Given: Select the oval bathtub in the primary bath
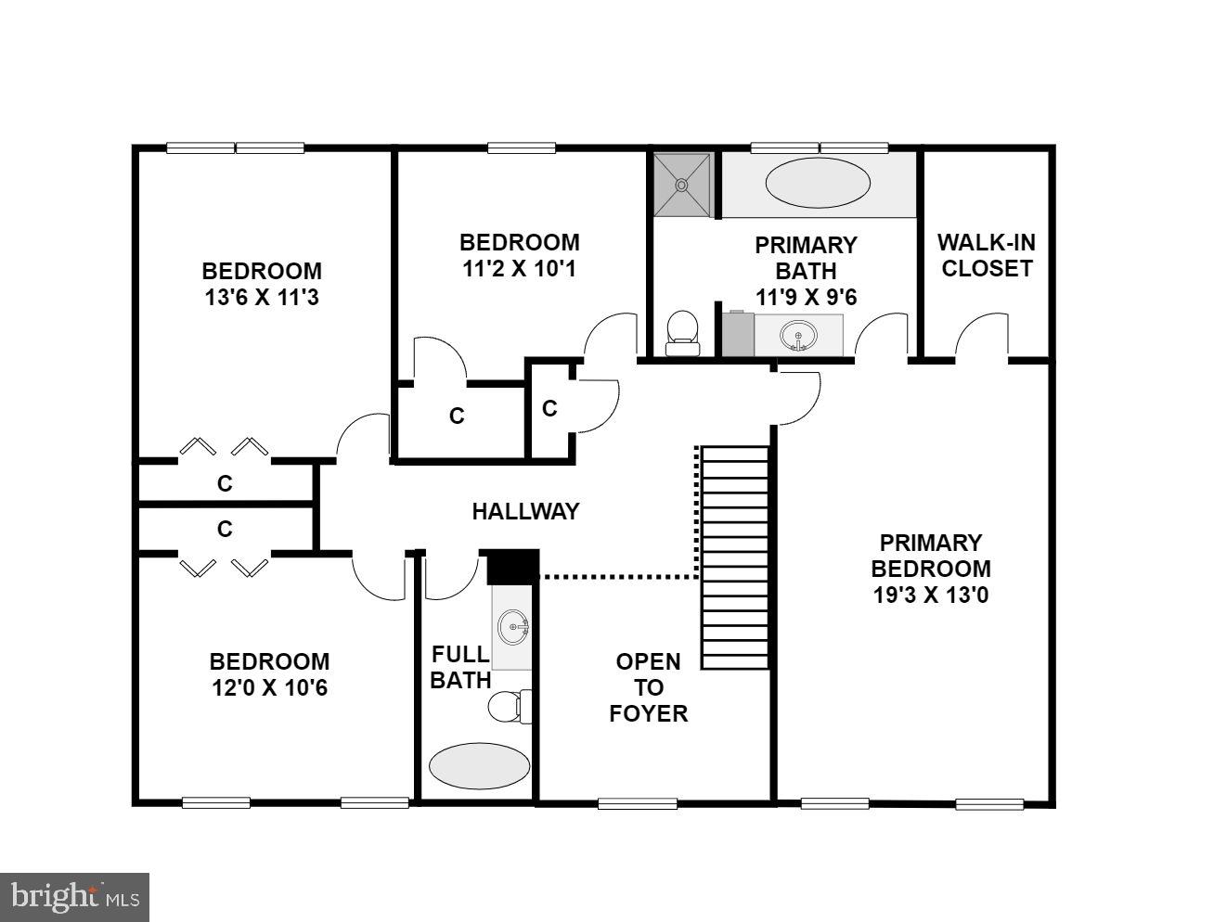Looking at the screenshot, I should pyautogui.click(x=818, y=184).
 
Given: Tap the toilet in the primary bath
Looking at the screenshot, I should pyautogui.click(x=683, y=332).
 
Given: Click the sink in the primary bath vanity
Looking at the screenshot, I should pyautogui.click(x=797, y=335).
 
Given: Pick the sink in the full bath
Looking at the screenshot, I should pyautogui.click(x=512, y=627).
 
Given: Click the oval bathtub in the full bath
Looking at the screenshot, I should pyautogui.click(x=479, y=766).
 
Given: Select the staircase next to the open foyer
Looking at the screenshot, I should pyautogui.click(x=735, y=557).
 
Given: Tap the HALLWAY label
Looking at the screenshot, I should pyautogui.click(x=525, y=511).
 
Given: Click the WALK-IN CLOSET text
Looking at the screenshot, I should pyautogui.click(x=986, y=256).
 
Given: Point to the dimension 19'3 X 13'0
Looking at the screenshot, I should pyautogui.click(x=931, y=595).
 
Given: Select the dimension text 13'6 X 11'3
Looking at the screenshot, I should pyautogui.click(x=261, y=298).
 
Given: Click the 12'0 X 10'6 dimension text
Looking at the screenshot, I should pyautogui.click(x=268, y=688).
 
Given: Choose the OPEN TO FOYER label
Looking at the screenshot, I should pyautogui.click(x=649, y=687).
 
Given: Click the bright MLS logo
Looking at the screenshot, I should pyautogui.click(x=75, y=897).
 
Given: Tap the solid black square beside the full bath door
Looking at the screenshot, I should pyautogui.click(x=512, y=566).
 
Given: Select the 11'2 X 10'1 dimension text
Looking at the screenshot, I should pyautogui.click(x=519, y=269).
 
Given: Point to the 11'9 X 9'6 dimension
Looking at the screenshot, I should pyautogui.click(x=806, y=298).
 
